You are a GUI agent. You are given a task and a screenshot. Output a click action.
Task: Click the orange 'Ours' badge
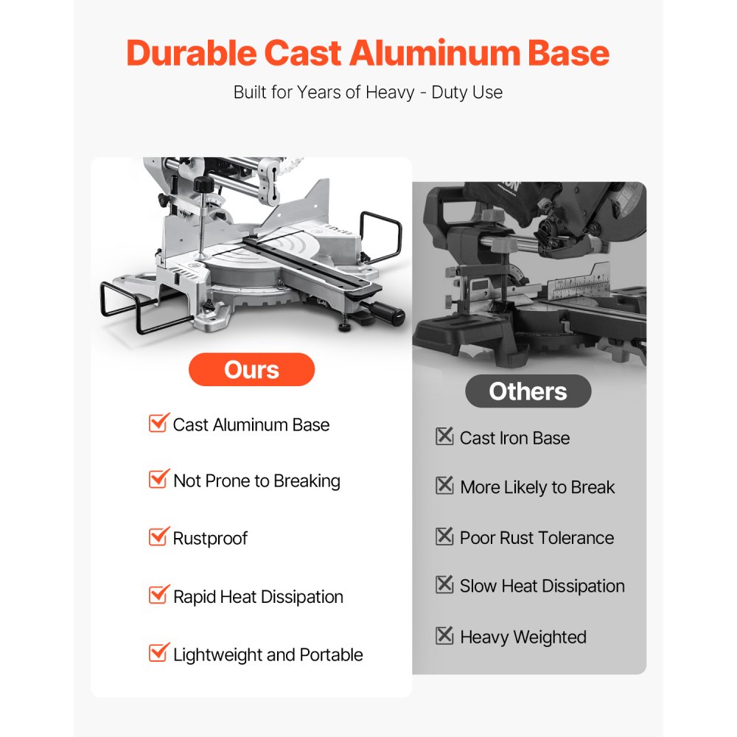pos(251,369)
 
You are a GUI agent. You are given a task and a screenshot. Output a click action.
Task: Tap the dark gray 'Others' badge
pos(528,391)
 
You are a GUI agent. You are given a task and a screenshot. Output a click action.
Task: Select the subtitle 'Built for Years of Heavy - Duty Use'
pos(368,92)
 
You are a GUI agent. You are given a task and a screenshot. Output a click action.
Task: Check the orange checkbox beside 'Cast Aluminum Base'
pos(158,422)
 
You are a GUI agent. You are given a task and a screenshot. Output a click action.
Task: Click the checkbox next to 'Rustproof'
pos(158,537)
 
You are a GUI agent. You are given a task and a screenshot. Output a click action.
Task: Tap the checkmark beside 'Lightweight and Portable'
pos(158,652)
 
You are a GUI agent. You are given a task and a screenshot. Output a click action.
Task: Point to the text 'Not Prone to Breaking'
pos(256,481)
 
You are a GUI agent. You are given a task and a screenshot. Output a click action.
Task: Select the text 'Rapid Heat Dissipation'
pos(258,597)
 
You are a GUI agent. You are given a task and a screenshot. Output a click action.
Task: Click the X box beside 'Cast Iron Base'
pos(444,436)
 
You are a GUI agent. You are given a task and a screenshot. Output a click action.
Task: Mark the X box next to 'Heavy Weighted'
pos(444,635)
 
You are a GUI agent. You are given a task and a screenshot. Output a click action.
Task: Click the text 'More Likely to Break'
pos(537,487)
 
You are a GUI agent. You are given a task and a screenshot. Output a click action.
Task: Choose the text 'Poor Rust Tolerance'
pos(537,538)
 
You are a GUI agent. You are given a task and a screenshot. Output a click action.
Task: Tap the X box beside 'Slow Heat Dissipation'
pos(444,584)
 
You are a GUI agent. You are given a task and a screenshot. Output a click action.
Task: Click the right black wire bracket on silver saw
pos(382,235)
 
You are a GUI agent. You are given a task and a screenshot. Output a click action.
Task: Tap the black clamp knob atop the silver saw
pos(204,184)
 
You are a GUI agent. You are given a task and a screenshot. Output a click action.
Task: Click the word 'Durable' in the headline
pos(192,52)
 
